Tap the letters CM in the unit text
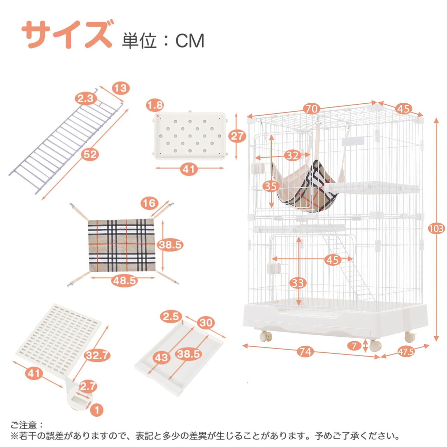(x=190, y=41)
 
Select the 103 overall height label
(x=436, y=229)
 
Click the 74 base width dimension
(x=305, y=351)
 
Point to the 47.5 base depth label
(x=406, y=351)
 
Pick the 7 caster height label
(x=354, y=346)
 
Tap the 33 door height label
(x=298, y=283)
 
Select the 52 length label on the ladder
(x=90, y=154)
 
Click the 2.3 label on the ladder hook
(x=86, y=99)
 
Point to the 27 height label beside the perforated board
(x=237, y=136)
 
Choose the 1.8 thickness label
(x=155, y=105)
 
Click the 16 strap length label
(x=149, y=203)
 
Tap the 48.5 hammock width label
(x=124, y=280)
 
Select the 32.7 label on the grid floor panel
(x=97, y=356)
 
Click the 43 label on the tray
(x=162, y=358)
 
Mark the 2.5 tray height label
(x=171, y=317)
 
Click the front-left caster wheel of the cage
(x=265, y=336)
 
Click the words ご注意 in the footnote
(x=24, y=425)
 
